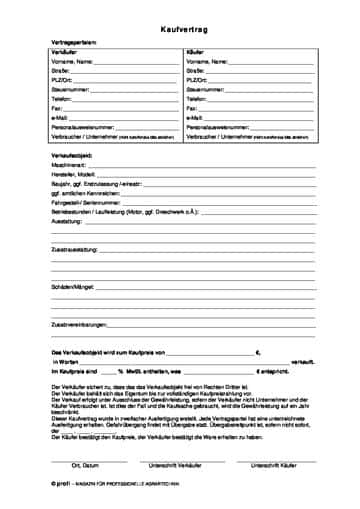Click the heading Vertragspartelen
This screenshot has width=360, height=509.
(74, 42)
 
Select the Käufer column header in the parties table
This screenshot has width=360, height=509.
(196, 52)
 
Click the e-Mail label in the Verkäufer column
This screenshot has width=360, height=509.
(59, 118)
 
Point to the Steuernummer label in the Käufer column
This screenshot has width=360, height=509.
(204, 90)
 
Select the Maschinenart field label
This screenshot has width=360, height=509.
(69, 165)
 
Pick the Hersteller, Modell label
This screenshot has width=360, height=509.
(73, 174)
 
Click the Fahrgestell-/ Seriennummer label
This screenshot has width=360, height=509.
(85, 202)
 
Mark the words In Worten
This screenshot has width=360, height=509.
(64, 361)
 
